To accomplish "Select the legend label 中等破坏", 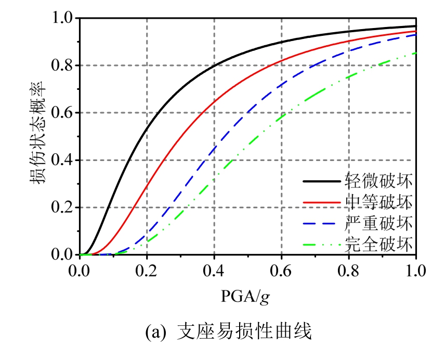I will tap(378, 202).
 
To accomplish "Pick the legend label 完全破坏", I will tap(378, 243).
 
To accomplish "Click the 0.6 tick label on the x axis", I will tap(281, 271).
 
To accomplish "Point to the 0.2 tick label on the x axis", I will tap(147, 271).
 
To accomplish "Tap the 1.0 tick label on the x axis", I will tap(416, 271).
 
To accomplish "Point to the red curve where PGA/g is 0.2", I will tap(147, 186).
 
